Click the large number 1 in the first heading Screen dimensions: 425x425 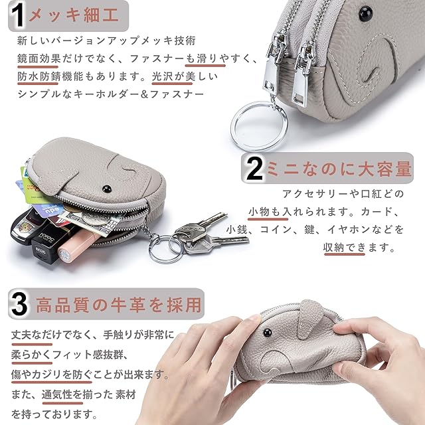click(x=18, y=15)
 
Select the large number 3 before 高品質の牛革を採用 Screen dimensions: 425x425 click(x=19, y=304)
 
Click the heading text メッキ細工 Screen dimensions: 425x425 click(x=74, y=15)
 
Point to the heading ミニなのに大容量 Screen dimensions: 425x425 click(x=339, y=169)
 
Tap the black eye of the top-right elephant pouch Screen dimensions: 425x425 click(x=365, y=13)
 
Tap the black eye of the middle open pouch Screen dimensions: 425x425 click(x=107, y=189)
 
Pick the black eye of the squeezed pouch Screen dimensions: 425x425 click(x=267, y=332)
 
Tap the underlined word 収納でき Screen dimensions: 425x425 click(x=345, y=247)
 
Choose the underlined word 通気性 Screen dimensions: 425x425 click(x=57, y=394)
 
